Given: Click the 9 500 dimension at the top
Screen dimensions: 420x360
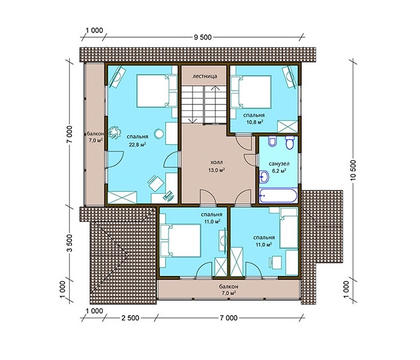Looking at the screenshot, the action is coord(203,37).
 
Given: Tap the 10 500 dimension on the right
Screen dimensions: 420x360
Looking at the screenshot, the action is coord(353,170).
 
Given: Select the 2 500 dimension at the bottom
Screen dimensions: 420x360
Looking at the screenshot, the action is coord(130,318).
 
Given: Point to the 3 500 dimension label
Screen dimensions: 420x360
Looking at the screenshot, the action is coord(70,243).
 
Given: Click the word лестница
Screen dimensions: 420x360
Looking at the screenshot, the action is coord(205,76).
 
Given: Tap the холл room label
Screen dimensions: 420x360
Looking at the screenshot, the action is coord(217,163).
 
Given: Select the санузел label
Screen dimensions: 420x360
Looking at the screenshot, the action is coord(279,164).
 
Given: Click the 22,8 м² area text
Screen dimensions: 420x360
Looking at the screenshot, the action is coord(137,145).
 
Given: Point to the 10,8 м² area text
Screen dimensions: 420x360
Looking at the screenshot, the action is coord(254,122).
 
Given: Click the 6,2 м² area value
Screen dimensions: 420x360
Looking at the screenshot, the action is coord(279,170).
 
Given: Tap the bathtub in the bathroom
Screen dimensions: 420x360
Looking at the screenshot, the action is coord(278,195).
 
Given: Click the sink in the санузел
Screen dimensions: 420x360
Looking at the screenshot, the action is coord(264,176).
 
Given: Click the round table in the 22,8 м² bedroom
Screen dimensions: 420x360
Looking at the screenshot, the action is coord(159,134).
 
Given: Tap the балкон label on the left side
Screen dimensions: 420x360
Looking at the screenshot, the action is coord(95,133).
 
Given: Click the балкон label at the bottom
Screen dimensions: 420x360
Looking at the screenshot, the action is coord(229,287).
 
